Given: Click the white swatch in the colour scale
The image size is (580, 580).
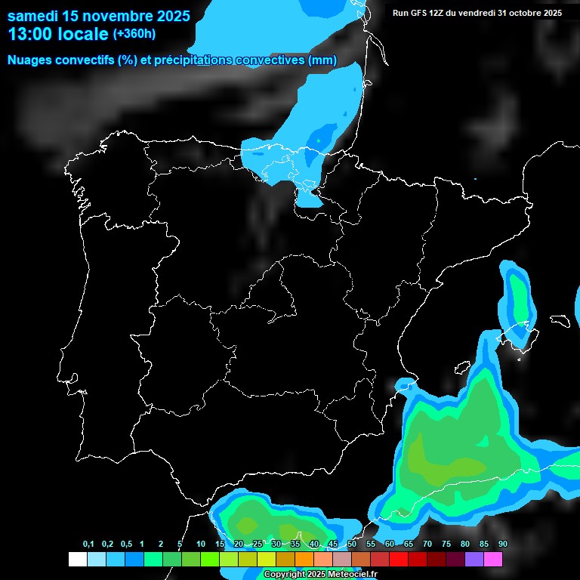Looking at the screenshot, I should coord(77,560).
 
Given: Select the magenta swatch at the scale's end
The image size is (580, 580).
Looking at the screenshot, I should coord(493,560).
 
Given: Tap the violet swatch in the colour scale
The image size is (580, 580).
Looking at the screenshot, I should coord(474,560).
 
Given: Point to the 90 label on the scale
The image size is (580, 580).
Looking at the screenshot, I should coord(502,545).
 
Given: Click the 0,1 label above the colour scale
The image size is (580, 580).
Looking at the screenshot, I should coord(88,545).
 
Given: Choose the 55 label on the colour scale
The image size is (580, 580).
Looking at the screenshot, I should coord(370,545).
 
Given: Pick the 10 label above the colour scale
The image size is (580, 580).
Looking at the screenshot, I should coord(200,545).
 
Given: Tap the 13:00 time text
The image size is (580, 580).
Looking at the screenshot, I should coord(32,34).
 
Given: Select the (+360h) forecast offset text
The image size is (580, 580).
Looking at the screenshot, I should coord(134,34).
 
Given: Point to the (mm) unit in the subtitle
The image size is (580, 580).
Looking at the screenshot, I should coord(322,60).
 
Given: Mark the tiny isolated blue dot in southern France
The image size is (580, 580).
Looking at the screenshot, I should coord(475,179).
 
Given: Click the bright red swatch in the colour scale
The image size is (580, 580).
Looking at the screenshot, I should coord(399,560).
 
